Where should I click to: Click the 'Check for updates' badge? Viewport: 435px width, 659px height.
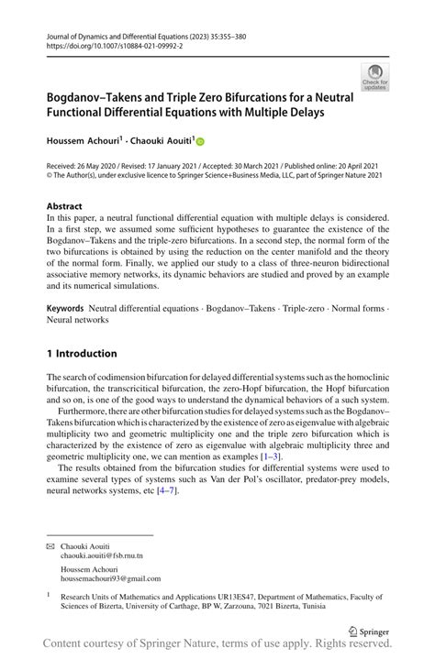point(374,76)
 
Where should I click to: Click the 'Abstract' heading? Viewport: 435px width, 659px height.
point(64,207)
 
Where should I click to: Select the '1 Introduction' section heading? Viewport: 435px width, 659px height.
point(82,354)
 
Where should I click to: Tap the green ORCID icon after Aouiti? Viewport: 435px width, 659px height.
point(200,141)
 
